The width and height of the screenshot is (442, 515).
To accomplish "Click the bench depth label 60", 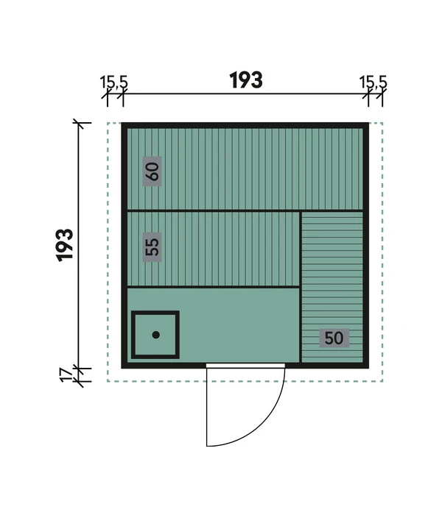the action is tap(152, 171).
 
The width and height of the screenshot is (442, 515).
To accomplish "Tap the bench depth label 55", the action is tap(152, 247).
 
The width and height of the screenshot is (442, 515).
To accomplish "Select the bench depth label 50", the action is tap(334, 338).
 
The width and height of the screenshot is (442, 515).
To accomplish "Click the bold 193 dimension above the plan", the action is tap(246, 80).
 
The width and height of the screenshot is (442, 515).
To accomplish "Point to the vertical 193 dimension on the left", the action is tap(65, 245).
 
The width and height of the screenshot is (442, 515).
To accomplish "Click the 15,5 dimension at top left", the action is tap(113, 82).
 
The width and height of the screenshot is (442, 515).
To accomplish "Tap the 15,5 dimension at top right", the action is tap(373, 82).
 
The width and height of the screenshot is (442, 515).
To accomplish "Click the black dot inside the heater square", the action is tap(156, 335).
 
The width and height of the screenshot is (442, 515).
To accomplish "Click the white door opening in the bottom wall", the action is tap(245, 366).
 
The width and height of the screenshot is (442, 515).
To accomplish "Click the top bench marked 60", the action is tap(245, 168).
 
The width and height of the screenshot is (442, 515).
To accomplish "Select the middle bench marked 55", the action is tap(213, 249).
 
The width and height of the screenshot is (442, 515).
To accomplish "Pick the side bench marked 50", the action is tap(332, 288).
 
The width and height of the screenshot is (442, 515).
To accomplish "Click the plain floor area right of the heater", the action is tap(239, 325).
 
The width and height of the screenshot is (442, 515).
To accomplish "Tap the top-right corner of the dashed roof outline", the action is tap(382, 123).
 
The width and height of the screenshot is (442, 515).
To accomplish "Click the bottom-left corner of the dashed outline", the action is tap(108, 381).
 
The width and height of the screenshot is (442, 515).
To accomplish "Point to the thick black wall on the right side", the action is tap(366, 245).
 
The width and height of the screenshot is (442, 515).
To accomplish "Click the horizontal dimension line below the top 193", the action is tap(245, 94).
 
